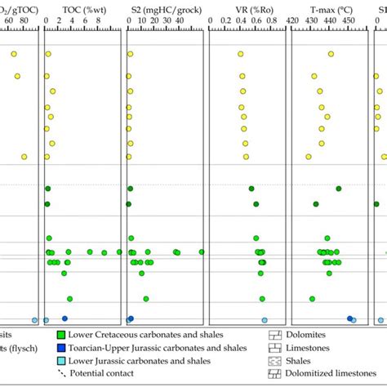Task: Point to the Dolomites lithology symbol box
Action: (274, 334)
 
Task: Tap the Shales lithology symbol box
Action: (274, 360)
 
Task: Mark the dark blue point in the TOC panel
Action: (64, 319)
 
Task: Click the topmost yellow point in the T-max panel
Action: (331, 54)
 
